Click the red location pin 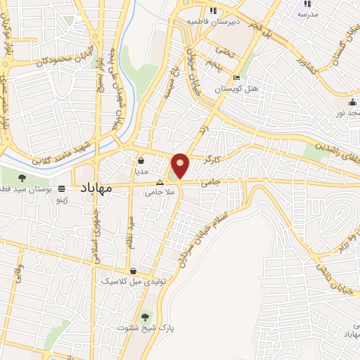[x=181, y=165]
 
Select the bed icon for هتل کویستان [x=237, y=77]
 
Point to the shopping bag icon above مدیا [x=141, y=160]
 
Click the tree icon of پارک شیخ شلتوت [x=146, y=316]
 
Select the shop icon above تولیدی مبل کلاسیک [x=133, y=271]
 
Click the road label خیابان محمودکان [x=45, y=62]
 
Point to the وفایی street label [x=18, y=274]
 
